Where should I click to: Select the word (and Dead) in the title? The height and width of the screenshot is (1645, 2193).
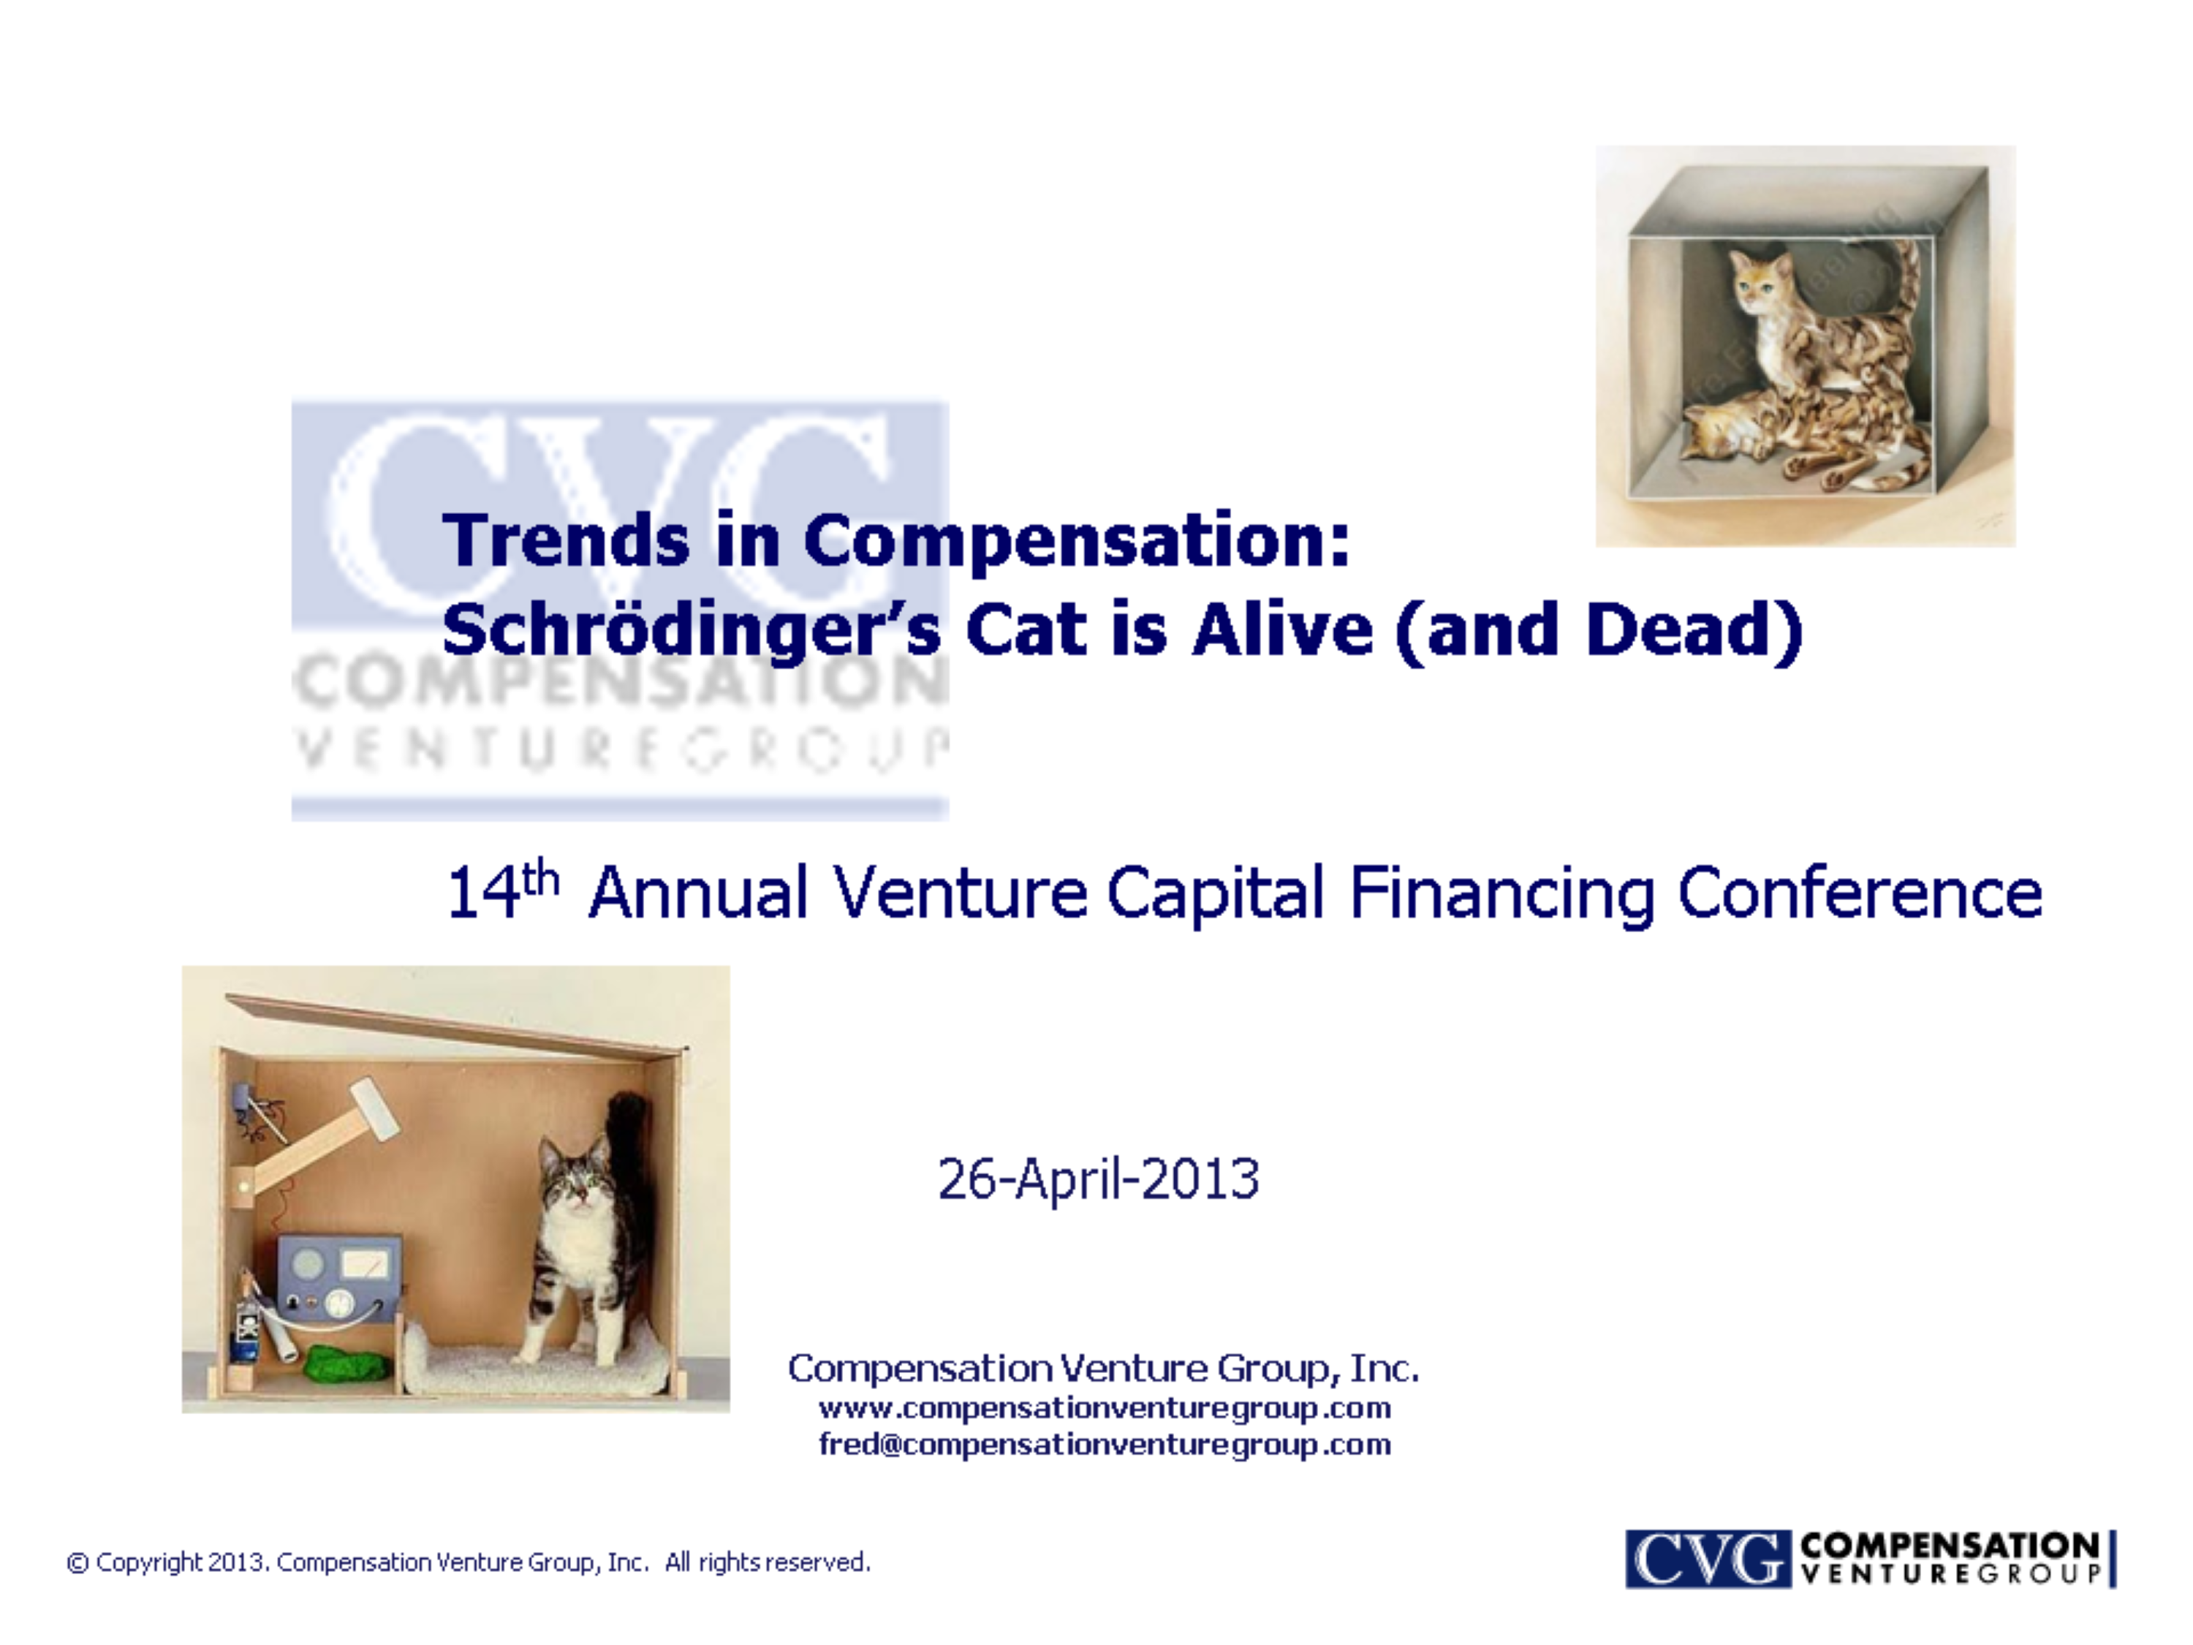tap(1598, 632)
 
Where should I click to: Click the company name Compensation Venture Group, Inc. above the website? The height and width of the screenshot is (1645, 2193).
tap(1103, 1369)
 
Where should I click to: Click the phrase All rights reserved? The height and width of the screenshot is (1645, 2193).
tap(768, 1562)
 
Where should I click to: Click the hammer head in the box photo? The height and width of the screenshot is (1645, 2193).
tap(374, 1108)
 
